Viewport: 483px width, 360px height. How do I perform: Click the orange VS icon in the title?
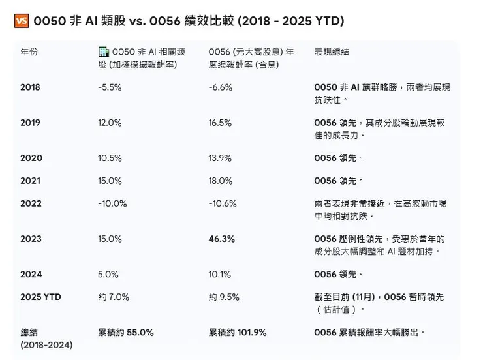coord(21,21)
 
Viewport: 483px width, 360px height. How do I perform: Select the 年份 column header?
coord(29,52)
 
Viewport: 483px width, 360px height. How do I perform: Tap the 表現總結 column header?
coord(333,52)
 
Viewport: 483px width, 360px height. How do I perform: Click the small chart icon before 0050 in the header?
coord(104,52)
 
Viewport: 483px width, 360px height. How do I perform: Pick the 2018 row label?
coord(31,87)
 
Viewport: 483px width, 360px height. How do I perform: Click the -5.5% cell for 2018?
coord(110,87)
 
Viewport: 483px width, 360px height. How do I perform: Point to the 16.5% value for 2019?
coord(220,123)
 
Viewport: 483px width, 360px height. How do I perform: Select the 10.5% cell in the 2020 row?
coord(110,158)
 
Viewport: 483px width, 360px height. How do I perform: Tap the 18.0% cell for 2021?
coord(220,181)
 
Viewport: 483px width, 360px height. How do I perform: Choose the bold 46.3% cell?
coord(222,239)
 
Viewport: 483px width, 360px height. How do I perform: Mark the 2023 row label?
coord(31,239)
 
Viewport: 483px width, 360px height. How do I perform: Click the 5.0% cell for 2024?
coord(108,275)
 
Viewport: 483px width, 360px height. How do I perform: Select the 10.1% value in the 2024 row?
coord(219,275)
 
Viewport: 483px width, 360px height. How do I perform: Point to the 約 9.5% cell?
coord(225,297)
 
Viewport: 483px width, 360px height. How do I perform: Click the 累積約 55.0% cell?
coord(126,333)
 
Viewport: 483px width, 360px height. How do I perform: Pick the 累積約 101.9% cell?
coord(238,333)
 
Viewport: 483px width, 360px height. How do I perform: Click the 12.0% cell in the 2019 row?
coord(110,123)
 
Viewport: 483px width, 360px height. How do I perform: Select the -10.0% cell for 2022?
coord(112,203)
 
